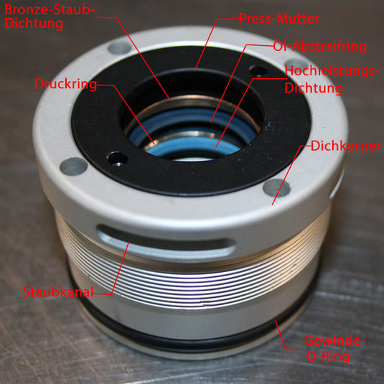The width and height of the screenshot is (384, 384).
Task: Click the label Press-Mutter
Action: coord(279,19)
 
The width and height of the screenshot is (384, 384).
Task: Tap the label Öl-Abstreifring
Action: coord(320,46)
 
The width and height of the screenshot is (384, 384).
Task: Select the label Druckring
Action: coord(65,84)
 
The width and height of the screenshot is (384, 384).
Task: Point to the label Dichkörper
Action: coord(345,146)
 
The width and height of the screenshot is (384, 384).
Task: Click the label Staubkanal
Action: coord(58,292)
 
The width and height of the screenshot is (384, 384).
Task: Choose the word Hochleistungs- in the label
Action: coord(330,71)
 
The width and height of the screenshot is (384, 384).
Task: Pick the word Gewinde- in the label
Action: coord(334,341)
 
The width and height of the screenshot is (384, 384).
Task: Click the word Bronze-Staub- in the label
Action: coord(50,10)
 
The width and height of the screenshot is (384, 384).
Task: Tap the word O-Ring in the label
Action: coord(328,357)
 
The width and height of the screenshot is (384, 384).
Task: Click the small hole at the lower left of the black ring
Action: coord(118,158)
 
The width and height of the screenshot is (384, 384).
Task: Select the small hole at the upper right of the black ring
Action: coord(258,71)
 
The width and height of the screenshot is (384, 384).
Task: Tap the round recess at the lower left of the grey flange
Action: coord(74,167)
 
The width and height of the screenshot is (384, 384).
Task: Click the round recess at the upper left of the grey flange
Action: coord(119,48)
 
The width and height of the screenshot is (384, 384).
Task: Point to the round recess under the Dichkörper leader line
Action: coord(277,188)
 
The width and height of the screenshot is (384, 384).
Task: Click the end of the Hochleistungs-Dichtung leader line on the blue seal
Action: coord(216,148)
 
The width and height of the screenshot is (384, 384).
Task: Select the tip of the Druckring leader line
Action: coord(154,144)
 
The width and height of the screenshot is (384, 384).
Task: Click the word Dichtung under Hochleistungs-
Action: coord(314,88)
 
